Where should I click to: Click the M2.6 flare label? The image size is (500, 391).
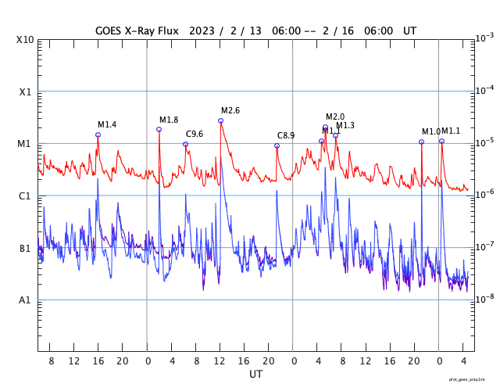coord(230,110)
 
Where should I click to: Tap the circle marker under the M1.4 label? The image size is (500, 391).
coord(98,135)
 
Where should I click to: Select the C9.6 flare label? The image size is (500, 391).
coord(195,134)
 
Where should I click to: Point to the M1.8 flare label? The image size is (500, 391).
coord(169,120)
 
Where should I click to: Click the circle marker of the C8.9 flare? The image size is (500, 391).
coord(277,145)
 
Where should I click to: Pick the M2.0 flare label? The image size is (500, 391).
coord(335,117)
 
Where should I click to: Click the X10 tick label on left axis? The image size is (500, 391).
coord(26,40)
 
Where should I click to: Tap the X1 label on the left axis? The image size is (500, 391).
coord(26,91)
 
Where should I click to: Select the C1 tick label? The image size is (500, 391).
coord(26,195)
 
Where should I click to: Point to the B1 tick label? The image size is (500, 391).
coord(26,248)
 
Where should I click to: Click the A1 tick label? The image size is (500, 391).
coord(26,300)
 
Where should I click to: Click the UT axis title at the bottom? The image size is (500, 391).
coord(255,375)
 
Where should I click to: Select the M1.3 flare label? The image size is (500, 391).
coord(345,125)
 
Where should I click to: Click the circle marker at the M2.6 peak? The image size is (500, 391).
coord(220,120)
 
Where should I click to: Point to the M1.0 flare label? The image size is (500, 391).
coord(430,131)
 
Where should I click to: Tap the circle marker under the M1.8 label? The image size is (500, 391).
coord(159,129)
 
